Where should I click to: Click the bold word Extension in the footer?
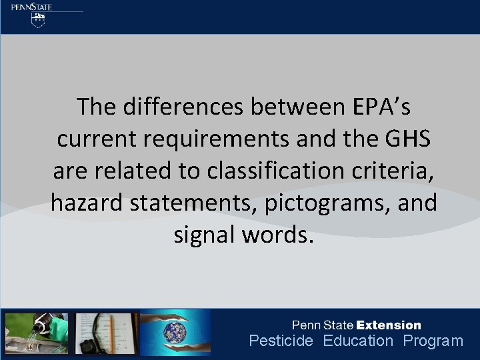pyautogui.click(x=389, y=325)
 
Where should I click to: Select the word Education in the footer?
pyautogui.click(x=359, y=341)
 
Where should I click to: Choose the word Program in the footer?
pyautogui.click(x=433, y=341)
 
